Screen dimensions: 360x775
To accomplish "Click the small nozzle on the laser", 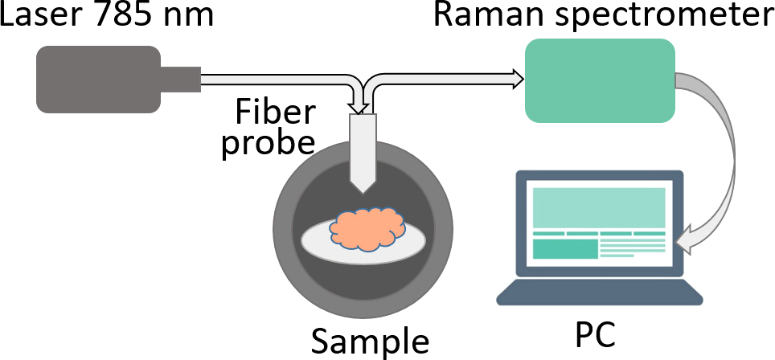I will click(x=181, y=79).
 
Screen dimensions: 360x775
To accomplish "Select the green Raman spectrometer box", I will click(x=599, y=80).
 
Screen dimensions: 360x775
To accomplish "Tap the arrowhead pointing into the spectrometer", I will click(x=516, y=78).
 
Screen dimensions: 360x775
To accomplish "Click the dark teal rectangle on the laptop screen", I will click(x=565, y=249).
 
